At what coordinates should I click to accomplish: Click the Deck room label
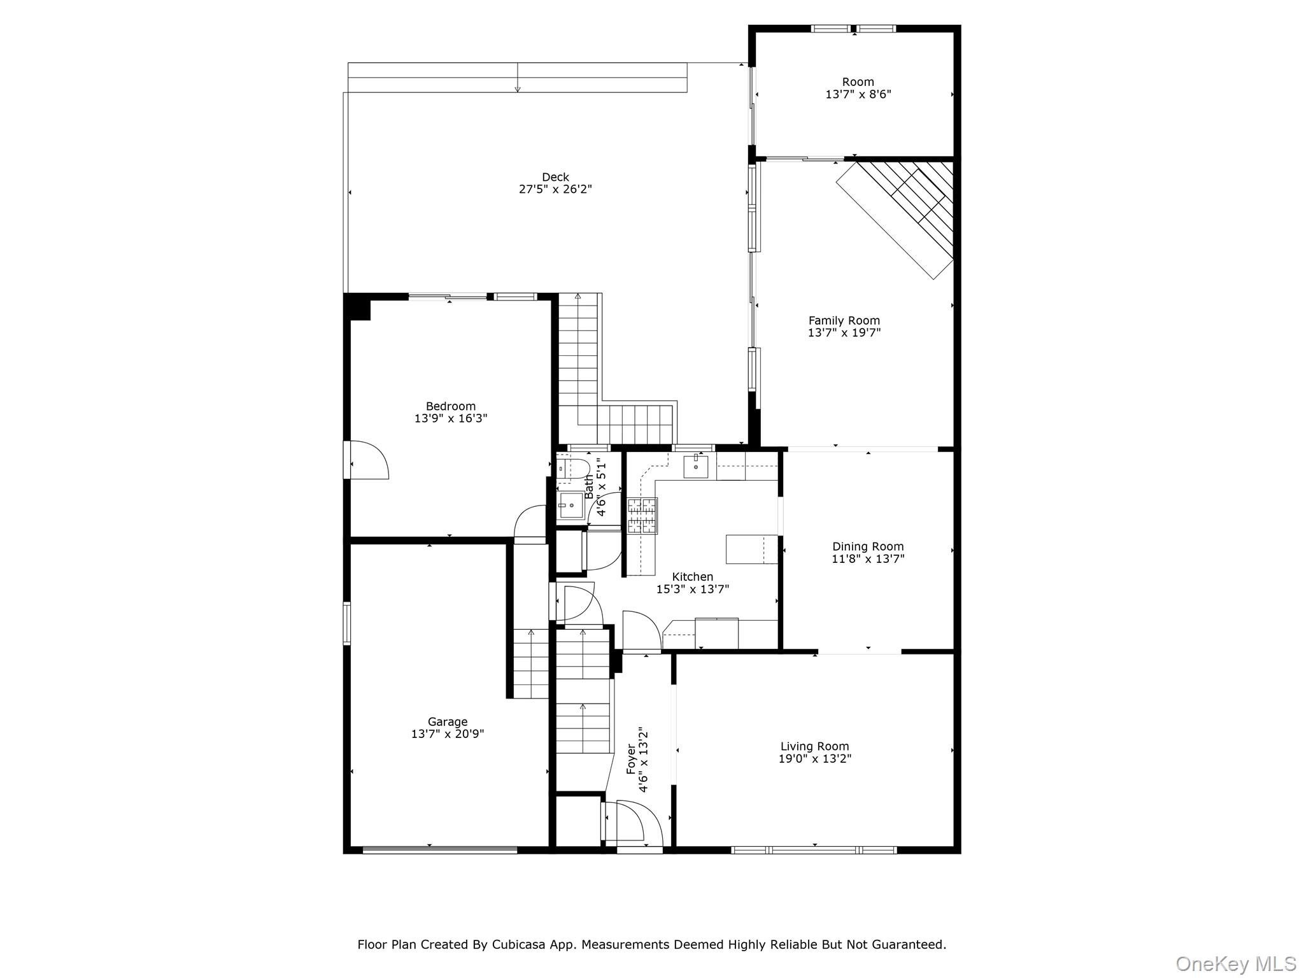pos(555,177)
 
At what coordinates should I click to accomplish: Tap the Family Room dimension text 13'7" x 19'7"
pos(844,332)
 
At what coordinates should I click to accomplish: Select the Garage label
pos(448,721)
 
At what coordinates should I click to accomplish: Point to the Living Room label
pos(814,746)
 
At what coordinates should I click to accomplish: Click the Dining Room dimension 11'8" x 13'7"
pos(868,559)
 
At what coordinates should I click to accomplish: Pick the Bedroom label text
pos(451,406)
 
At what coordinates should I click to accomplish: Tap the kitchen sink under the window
pos(696,467)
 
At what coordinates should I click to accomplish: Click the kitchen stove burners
pos(642,516)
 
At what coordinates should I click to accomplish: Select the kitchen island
pos(751,549)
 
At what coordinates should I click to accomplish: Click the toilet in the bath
pos(574,469)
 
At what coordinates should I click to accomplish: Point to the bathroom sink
pos(570,506)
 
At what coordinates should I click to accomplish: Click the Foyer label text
pos(631,759)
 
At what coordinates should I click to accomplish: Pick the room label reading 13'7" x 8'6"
pos(858,94)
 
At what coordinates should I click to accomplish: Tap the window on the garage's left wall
pos(347,623)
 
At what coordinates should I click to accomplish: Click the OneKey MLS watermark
pos(1235,963)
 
